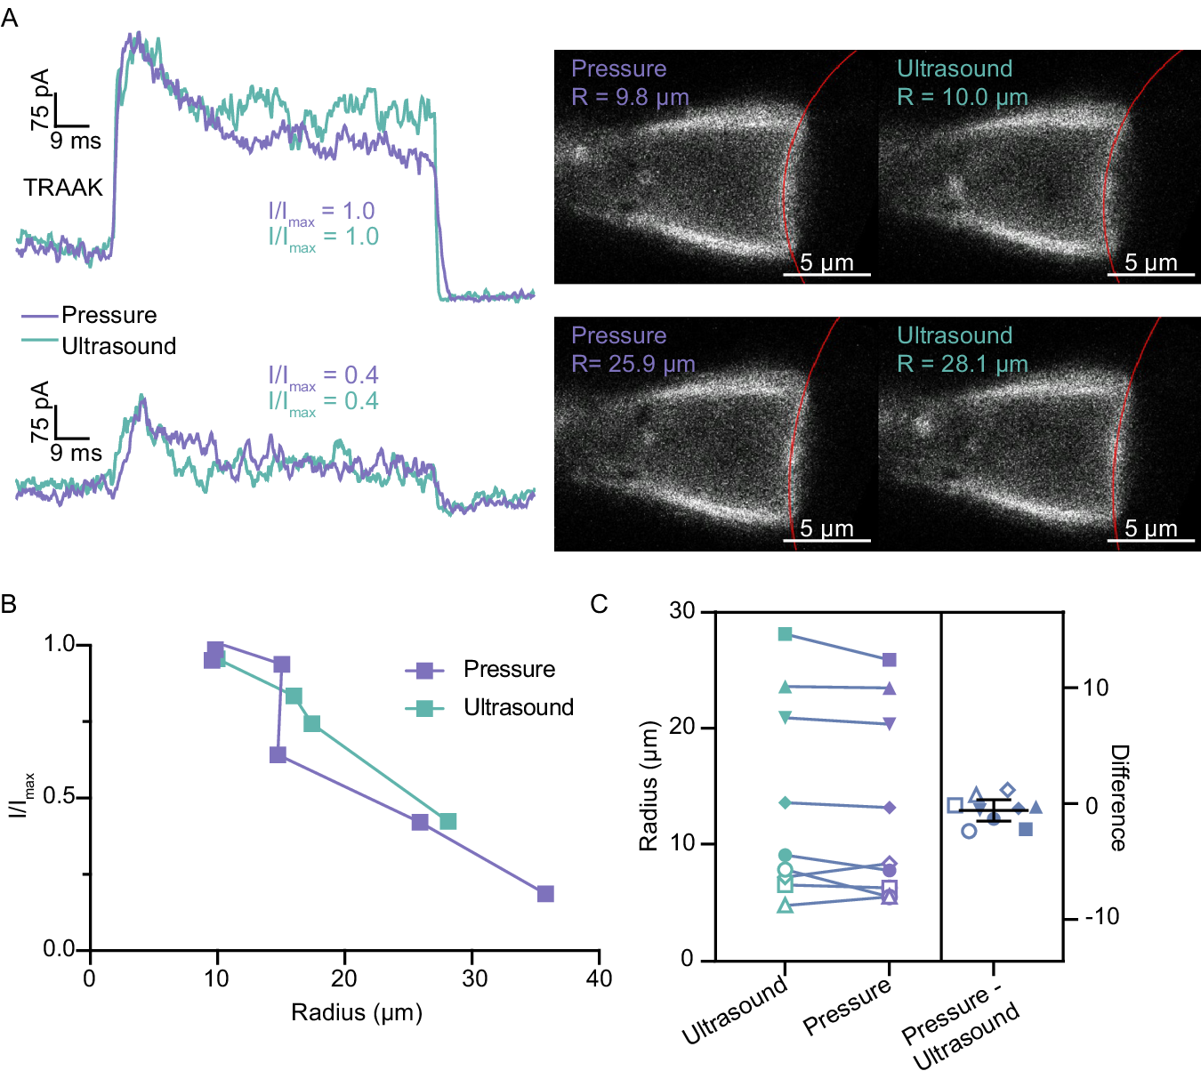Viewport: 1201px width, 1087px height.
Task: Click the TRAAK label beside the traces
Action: [63, 188]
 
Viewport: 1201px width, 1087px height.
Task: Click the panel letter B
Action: [9, 605]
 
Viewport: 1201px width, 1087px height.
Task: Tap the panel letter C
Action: [599, 605]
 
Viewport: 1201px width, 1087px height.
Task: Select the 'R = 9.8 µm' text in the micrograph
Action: [630, 97]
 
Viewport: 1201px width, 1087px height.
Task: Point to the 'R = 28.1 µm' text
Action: [962, 364]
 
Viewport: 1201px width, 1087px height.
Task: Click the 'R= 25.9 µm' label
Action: [633, 364]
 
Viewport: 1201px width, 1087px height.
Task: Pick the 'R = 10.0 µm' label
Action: [962, 97]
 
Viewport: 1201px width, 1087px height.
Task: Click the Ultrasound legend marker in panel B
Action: [425, 708]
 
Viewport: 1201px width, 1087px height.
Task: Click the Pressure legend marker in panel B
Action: [425, 670]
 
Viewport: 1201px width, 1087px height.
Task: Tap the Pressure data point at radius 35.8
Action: [545, 893]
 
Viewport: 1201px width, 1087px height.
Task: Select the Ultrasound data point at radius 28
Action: [447, 821]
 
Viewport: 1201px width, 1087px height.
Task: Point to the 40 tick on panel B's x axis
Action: [599, 978]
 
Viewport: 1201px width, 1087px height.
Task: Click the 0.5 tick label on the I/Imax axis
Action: [59, 796]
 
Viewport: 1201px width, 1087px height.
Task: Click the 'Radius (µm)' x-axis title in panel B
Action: [356, 1012]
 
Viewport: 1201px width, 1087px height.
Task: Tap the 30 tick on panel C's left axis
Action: [682, 611]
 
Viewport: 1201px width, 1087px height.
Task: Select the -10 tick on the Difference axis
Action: [1101, 917]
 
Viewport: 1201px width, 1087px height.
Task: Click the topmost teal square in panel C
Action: [785, 634]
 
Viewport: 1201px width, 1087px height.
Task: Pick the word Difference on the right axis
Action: [1118, 797]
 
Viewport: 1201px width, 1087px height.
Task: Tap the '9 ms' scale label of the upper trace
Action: [76, 141]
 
